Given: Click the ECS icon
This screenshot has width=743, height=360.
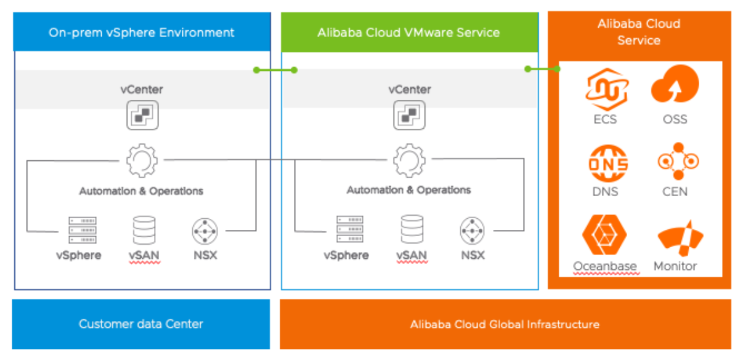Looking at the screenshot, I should tap(605, 89).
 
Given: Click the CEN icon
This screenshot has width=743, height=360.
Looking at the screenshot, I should tap(676, 162).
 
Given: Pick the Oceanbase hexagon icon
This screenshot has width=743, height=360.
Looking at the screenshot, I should tap(604, 234).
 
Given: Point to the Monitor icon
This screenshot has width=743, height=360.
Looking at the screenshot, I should tap(678, 238).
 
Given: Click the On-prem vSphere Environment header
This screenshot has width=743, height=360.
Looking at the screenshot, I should tap(142, 32).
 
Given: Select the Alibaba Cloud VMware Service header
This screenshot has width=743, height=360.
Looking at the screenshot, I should tap(409, 32).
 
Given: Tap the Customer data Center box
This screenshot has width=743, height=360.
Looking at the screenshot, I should tap(141, 324).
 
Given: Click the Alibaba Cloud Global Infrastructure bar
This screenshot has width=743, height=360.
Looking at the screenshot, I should tap(505, 324).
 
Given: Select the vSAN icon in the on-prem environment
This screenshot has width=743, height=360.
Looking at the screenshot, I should tap(144, 231).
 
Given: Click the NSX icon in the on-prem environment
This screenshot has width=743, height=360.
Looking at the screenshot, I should tap(205, 231).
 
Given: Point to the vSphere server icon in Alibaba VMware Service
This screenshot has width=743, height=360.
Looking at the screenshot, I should tap(349, 229).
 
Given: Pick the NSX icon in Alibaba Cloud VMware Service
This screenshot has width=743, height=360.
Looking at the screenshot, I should tap(473, 231).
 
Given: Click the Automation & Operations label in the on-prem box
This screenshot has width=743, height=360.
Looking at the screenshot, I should tap(141, 191).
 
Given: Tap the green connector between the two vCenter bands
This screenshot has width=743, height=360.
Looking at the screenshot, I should tap(275, 70).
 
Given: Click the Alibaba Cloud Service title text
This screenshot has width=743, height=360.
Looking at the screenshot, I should tap(639, 32).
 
